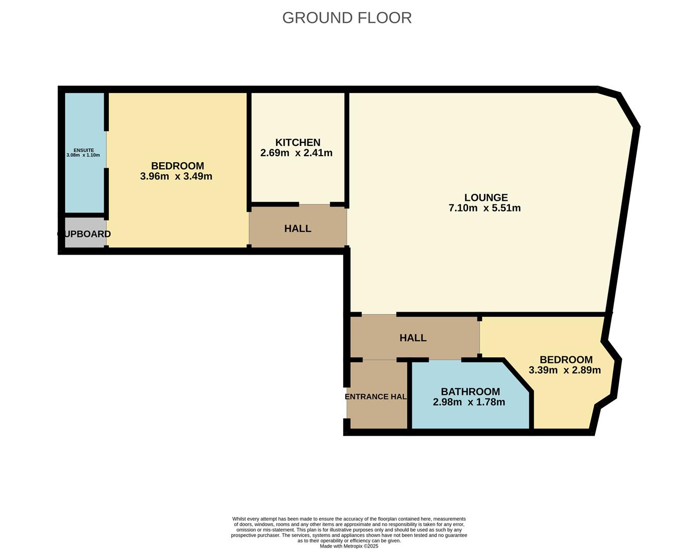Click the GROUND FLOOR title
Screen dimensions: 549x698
[x=347, y=18]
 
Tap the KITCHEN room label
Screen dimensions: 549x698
[x=298, y=142]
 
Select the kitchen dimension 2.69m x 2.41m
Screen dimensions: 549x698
[x=296, y=153]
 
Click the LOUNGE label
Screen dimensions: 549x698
[x=485, y=197]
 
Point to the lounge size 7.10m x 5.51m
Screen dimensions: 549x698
[x=484, y=208]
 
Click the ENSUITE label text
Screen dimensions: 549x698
[x=83, y=150]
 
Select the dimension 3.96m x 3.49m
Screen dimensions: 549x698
[x=176, y=176]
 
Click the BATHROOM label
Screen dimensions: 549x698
[x=470, y=391]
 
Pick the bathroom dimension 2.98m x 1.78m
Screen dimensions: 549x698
[x=469, y=402]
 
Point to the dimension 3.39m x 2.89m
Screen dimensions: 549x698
[x=564, y=370]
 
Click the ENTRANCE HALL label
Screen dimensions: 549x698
[x=376, y=396]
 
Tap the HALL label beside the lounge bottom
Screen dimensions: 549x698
[x=413, y=338]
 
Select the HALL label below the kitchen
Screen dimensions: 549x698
[x=297, y=229]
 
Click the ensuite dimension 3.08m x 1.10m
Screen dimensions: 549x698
[x=83, y=156]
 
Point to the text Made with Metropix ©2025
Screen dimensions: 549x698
[x=349, y=546]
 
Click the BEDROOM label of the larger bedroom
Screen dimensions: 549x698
[x=177, y=166]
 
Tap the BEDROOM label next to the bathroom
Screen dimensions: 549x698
[x=566, y=359]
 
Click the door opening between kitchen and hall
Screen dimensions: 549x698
[x=314, y=204]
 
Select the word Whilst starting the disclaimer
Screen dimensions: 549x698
[x=239, y=519]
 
